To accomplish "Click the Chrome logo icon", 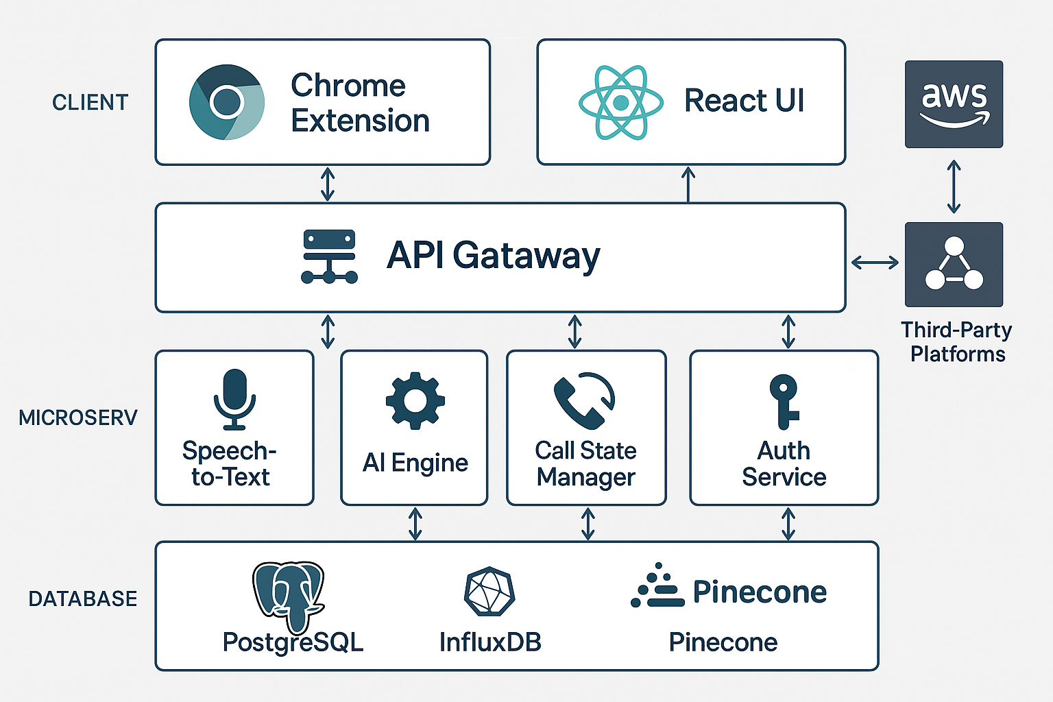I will click(x=227, y=102).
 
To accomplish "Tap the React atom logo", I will click(x=621, y=103).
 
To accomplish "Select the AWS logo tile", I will click(x=954, y=104).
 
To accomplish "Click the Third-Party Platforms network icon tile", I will click(x=954, y=264).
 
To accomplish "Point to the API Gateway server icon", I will click(x=329, y=256).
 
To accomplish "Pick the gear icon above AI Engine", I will click(x=415, y=400).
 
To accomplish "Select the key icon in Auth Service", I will click(x=784, y=400).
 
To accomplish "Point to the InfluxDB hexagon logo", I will click(x=489, y=591).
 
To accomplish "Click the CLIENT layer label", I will click(x=90, y=103).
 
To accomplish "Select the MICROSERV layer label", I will click(x=78, y=417).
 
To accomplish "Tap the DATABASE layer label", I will click(x=82, y=598).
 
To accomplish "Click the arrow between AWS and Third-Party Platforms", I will click(x=954, y=186).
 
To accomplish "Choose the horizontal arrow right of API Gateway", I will click(x=875, y=262).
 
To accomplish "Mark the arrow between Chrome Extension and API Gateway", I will click(x=328, y=184).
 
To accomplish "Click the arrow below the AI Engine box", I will click(x=415, y=524).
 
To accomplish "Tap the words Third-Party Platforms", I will click(x=957, y=341).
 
